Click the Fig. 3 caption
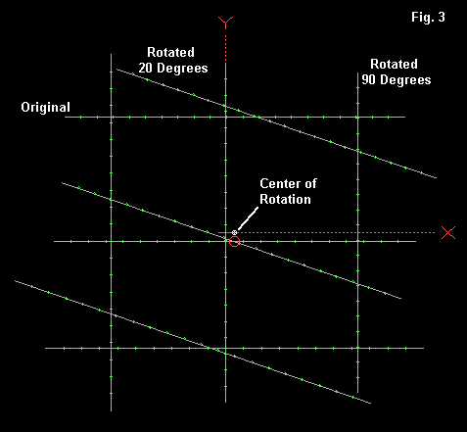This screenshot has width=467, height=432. [x=428, y=18]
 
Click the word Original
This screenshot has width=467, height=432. [x=45, y=108]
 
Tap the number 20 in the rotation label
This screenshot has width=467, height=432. [x=146, y=68]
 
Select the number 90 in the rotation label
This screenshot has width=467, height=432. [x=369, y=79]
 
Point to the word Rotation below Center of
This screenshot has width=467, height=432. [x=285, y=199]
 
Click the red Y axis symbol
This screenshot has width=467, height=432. [x=225, y=23]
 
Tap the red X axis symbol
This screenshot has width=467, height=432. [x=448, y=233]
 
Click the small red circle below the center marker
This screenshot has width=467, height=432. [x=234, y=242]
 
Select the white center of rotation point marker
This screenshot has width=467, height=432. [x=234, y=232]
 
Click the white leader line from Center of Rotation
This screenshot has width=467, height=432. [x=248, y=218]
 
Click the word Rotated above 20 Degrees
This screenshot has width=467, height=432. [x=170, y=52]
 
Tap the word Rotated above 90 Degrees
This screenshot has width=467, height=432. [x=394, y=64]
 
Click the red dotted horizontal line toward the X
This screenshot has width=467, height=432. [x=336, y=232]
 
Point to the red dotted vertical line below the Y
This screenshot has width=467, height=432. [x=225, y=45]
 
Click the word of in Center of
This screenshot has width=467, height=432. [x=310, y=183]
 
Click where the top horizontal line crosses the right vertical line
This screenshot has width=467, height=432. [x=357, y=117]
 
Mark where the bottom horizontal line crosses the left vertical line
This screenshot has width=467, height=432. [x=111, y=348]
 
